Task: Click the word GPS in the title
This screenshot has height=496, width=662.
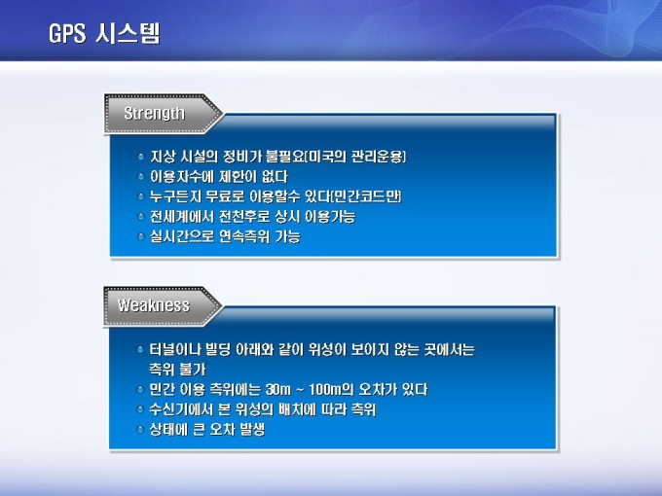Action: click(x=67, y=33)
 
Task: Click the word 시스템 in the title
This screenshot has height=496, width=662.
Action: click(x=128, y=33)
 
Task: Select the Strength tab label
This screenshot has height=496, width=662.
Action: click(x=154, y=113)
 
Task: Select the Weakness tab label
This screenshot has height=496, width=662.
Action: click(x=154, y=305)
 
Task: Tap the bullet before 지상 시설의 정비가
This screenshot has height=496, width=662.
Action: click(x=141, y=157)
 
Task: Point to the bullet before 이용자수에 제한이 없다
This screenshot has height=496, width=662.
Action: click(x=141, y=177)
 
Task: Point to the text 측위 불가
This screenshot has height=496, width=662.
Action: click(x=177, y=370)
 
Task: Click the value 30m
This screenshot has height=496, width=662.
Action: click(x=278, y=389)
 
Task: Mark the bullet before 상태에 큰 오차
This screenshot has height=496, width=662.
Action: click(x=140, y=430)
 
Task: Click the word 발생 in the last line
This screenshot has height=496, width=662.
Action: click(x=252, y=429)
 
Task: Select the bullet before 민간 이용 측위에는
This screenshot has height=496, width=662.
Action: click(x=140, y=390)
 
